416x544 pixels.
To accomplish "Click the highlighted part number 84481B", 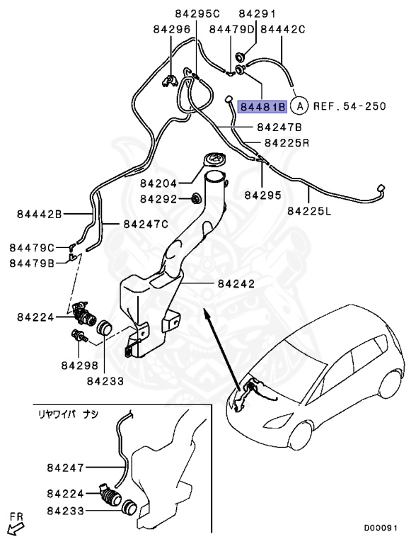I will coord(262,107).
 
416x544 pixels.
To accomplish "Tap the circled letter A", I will coord(300,107).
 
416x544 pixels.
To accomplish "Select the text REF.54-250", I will coord(349,107).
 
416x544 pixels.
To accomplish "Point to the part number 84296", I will coord(172,30).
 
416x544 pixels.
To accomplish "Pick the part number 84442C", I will coord(283,30).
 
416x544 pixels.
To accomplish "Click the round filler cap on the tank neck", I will coord(212,161).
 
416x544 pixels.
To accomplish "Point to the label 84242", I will coord(236,283).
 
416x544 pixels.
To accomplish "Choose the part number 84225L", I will coord(309,210).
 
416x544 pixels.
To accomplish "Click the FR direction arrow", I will coord(14,528).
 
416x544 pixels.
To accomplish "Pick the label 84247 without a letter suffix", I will coord(66,467).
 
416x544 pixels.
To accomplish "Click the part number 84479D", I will coord(231,30).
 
